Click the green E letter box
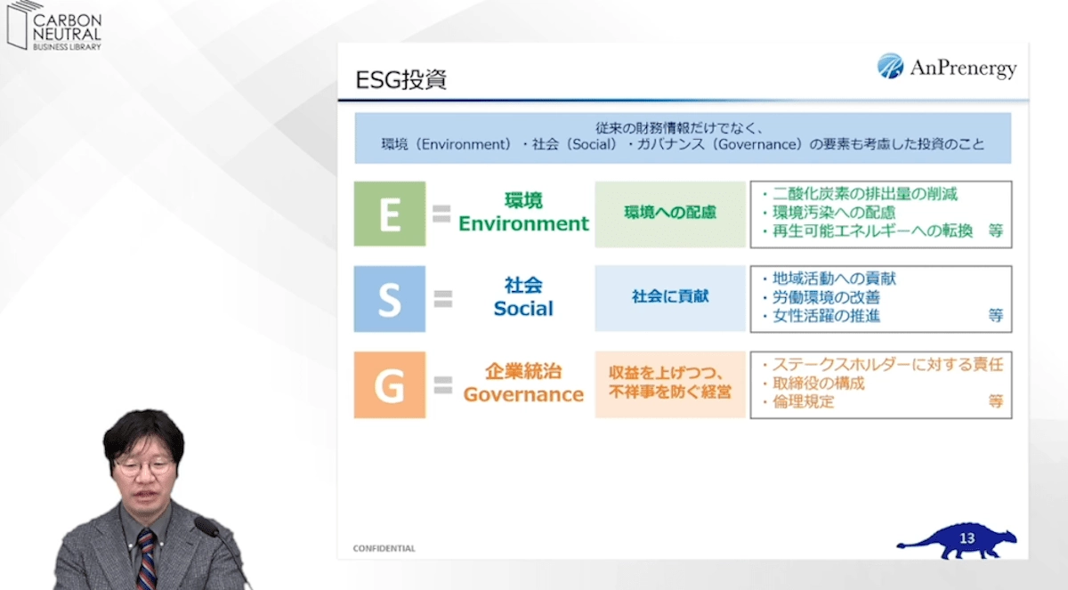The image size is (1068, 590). point(389,214)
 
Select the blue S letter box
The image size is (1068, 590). point(389,299)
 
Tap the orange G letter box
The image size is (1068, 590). point(389,384)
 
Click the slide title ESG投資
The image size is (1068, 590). point(400,80)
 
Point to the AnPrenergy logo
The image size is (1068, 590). point(946,67)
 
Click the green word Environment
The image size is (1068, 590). point(523,223)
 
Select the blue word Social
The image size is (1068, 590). point(523,309)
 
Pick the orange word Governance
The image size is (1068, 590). point(523,394)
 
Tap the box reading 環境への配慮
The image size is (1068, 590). point(670,214)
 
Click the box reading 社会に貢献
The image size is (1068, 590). point(670,297)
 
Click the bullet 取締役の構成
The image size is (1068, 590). point(818,384)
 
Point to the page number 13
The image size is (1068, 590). point(968,538)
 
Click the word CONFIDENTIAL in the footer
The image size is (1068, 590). point(384,548)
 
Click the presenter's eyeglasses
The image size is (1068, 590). point(142,465)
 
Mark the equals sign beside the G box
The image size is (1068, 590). point(442,384)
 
